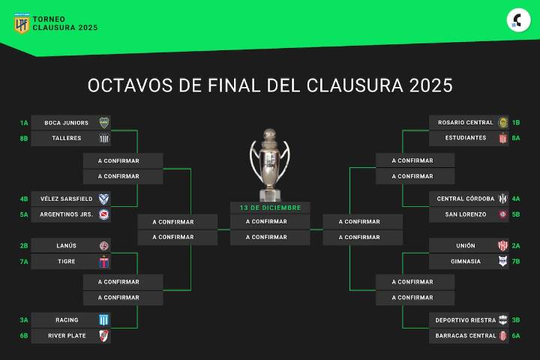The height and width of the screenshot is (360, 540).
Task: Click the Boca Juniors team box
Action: [71, 123]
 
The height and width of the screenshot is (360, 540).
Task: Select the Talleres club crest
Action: [104, 139]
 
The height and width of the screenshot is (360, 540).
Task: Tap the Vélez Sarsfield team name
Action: [67, 199]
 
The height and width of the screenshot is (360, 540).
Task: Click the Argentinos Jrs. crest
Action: [104, 214]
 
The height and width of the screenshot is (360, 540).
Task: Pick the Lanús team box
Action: [71, 246]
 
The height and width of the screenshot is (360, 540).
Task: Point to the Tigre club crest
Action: [104, 262]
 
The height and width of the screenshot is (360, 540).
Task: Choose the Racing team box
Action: [71, 320]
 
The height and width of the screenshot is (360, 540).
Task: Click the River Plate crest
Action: [104, 336]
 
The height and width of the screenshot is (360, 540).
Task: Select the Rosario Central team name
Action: [465, 123]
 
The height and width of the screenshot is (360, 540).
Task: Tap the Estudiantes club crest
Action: [503, 139]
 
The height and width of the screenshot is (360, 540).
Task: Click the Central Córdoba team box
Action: [469, 199]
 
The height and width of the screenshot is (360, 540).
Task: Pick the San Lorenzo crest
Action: [503, 214]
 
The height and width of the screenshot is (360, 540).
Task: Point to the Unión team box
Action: [469, 246]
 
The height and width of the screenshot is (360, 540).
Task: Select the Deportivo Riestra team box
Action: [469, 320]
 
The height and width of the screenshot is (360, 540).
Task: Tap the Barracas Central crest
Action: [503, 336]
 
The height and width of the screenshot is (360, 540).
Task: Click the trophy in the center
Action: [270, 161]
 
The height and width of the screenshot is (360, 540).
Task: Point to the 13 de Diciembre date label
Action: [270, 208]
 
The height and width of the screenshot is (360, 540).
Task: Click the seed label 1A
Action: [24, 123]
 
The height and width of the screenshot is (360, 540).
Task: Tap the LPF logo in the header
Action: [22, 23]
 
